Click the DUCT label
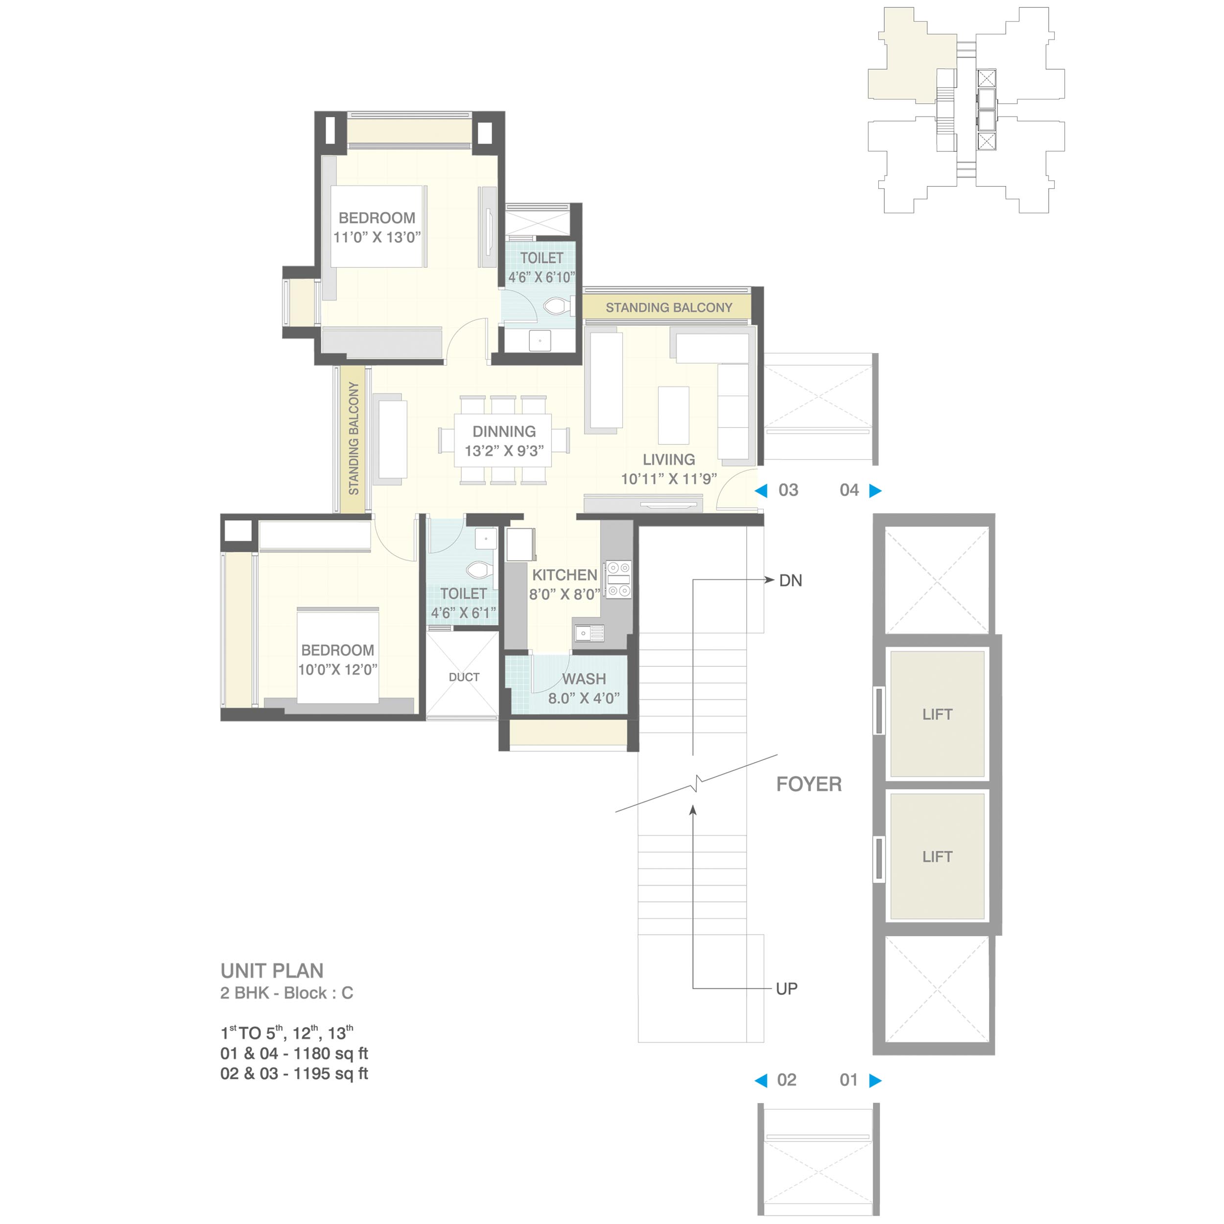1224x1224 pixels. (x=464, y=677)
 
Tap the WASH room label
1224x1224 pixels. (x=584, y=679)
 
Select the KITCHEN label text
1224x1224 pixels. (x=565, y=575)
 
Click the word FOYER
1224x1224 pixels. (x=809, y=784)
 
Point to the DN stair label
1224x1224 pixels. (x=791, y=580)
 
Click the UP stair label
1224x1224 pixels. (x=787, y=989)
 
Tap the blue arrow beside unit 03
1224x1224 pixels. (x=761, y=491)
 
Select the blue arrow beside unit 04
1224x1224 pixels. (x=875, y=491)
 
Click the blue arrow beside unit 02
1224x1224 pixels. (x=761, y=1080)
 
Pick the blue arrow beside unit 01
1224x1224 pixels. (x=875, y=1080)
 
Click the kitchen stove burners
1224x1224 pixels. (x=618, y=579)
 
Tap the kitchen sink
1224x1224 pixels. (x=588, y=632)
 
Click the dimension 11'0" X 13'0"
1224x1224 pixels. (x=377, y=237)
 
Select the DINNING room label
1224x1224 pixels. (x=504, y=431)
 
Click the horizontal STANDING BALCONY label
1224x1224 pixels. (x=669, y=308)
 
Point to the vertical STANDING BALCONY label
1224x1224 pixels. (x=353, y=438)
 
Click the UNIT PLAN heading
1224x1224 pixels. (x=272, y=970)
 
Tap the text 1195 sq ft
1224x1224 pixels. (x=330, y=1073)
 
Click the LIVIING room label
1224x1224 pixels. (x=669, y=459)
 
